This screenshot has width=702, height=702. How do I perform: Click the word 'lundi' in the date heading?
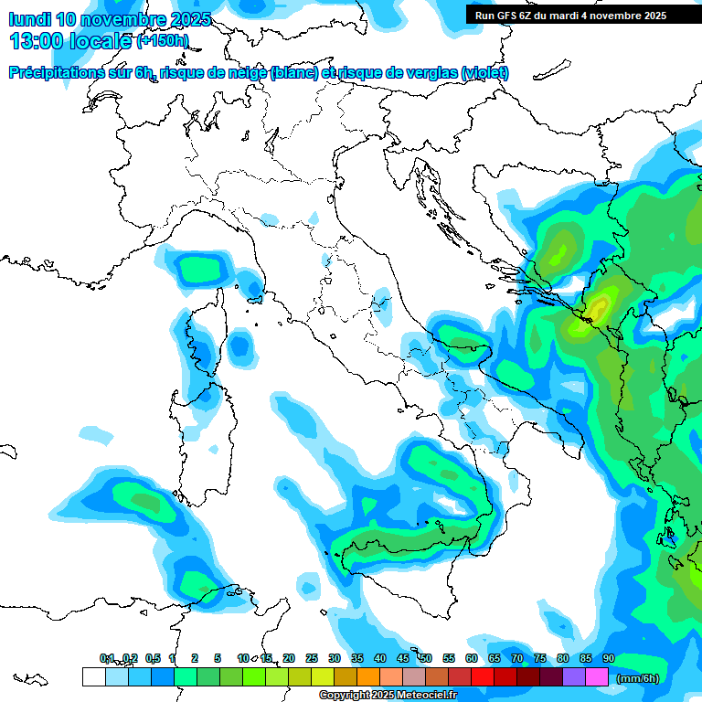click(x=30, y=19)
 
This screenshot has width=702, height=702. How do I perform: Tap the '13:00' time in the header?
click(x=34, y=41)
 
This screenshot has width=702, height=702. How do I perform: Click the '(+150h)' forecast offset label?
click(x=163, y=41)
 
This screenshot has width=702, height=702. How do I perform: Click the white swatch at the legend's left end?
click(x=93, y=677)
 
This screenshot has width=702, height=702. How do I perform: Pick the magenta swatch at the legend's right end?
click(x=597, y=677)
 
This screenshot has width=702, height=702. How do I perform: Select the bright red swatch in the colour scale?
click(x=483, y=677)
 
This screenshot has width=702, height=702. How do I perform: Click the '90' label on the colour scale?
click(x=609, y=659)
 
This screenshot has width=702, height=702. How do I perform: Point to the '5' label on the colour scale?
click(x=218, y=659)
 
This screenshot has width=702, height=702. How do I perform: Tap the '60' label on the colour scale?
click(x=472, y=659)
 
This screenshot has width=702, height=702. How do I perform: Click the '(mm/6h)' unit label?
click(x=638, y=678)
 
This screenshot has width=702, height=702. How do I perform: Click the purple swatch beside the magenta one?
click(x=574, y=677)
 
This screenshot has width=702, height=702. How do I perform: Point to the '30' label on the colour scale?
click(x=335, y=659)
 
